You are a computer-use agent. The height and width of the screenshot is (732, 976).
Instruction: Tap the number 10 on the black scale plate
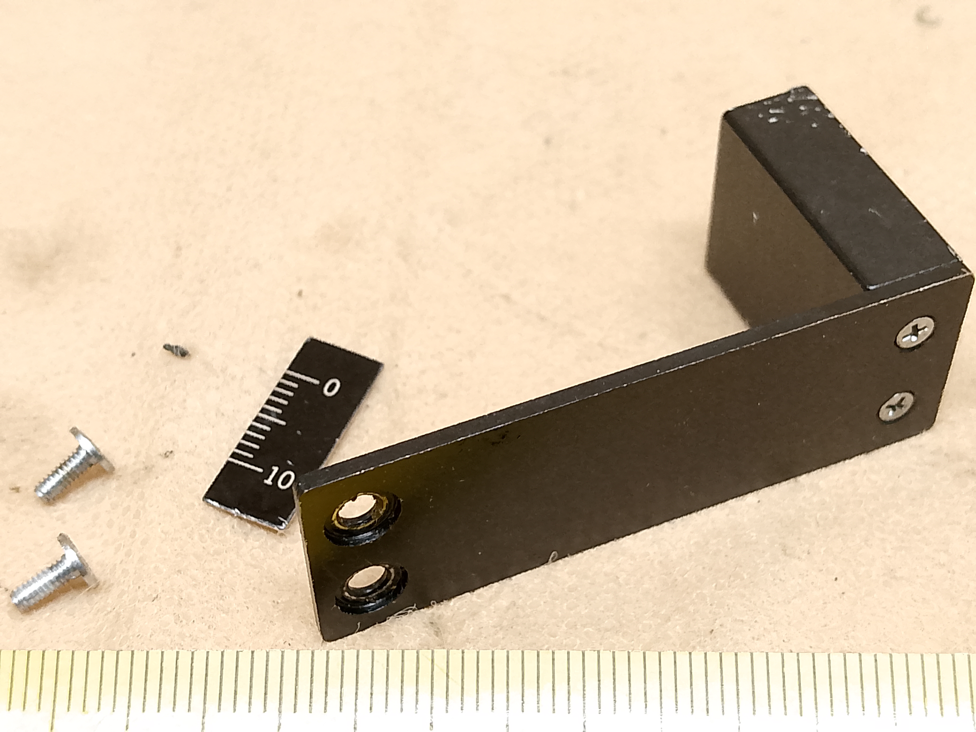[279, 477]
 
